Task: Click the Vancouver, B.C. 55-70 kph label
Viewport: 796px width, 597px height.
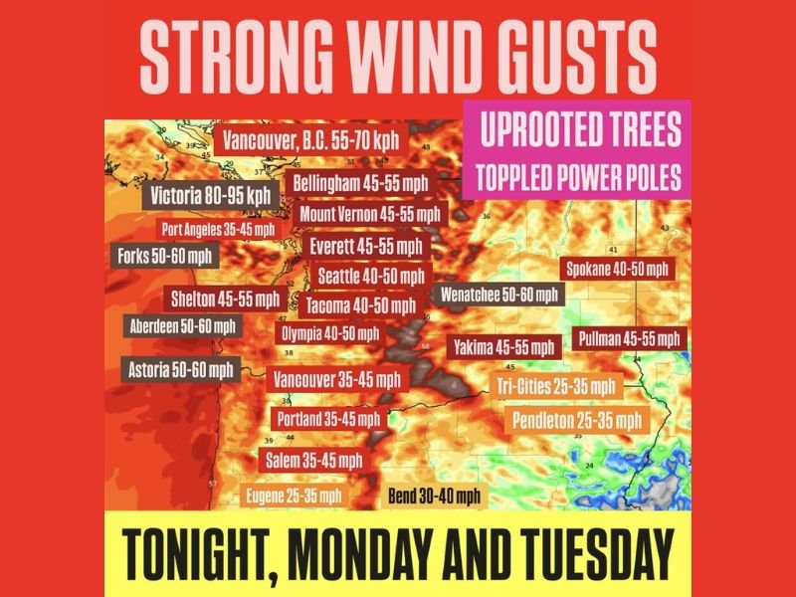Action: click(310, 139)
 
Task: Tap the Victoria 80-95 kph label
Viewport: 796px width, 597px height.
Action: click(211, 195)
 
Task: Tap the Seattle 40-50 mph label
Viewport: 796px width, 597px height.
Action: click(370, 276)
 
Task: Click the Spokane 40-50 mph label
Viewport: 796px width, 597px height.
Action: click(617, 269)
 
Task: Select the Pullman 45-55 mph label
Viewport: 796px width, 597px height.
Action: click(630, 338)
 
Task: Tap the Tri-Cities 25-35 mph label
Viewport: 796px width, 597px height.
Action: click(556, 386)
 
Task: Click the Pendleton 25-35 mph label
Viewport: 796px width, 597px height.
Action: click(576, 420)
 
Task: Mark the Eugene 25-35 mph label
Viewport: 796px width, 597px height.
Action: click(294, 496)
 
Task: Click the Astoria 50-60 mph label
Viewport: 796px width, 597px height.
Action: click(181, 369)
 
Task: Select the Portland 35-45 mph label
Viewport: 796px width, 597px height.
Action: click(328, 419)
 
